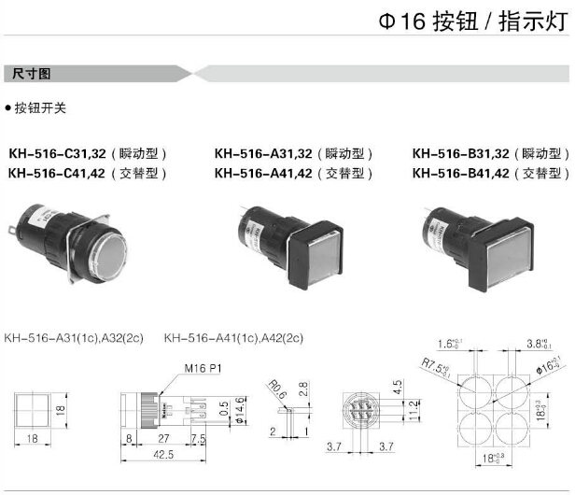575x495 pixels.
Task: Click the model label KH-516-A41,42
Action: click(x=264, y=174)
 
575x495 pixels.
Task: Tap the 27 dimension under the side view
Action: click(x=163, y=436)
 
